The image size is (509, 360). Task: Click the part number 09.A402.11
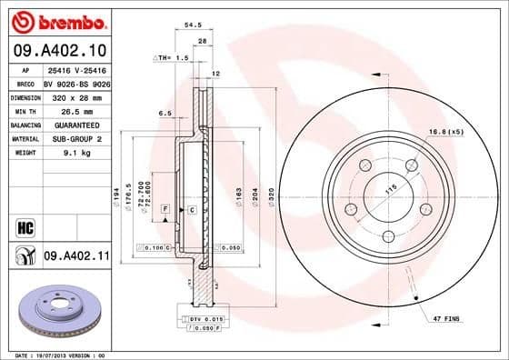click(x=75, y=257)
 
